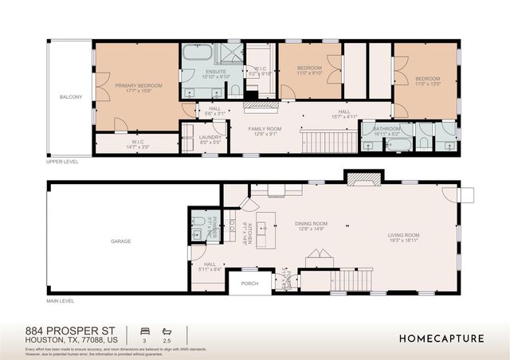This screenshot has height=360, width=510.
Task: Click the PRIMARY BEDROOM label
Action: [x=138, y=85]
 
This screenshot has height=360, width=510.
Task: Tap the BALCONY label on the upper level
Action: [x=71, y=96]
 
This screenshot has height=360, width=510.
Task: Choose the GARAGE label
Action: [x=120, y=241]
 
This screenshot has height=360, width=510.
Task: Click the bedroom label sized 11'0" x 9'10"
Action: [x=309, y=69]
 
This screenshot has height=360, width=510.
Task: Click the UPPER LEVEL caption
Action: [x=61, y=162]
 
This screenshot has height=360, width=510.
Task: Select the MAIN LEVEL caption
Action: [x=60, y=301]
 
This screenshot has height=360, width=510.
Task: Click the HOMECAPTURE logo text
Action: [x=441, y=338]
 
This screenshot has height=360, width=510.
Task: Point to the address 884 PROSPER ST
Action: [x=70, y=330]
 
